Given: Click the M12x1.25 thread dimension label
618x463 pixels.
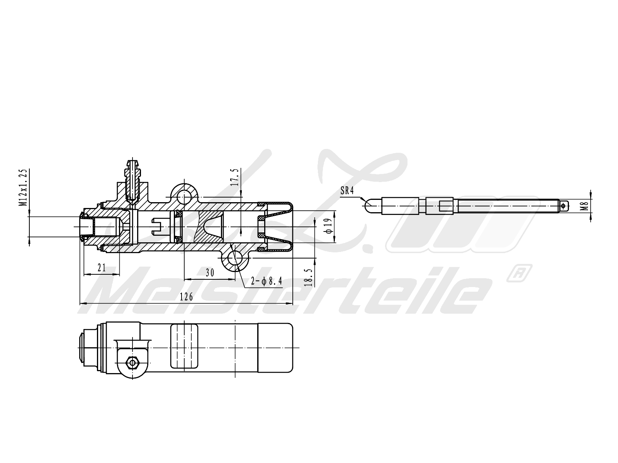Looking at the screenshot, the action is pos(24,188).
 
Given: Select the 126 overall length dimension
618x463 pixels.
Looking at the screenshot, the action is pos(187,297).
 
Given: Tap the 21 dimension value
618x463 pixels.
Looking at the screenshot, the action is pos(102,268).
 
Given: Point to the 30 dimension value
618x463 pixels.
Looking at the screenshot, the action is pos(209,272).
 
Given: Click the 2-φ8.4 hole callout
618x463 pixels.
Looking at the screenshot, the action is pos(267,282).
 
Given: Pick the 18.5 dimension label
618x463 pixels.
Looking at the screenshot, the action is pos(308,275).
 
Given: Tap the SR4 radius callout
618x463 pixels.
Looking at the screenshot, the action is pos(347,190).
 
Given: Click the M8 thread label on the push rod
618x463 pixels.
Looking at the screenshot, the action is pos(586,206).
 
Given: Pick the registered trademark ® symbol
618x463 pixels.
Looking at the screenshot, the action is pos(518,273).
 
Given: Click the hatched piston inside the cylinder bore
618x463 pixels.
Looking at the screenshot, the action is pos(209,228).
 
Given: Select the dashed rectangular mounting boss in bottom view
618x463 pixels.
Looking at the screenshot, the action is pos(184,346).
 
